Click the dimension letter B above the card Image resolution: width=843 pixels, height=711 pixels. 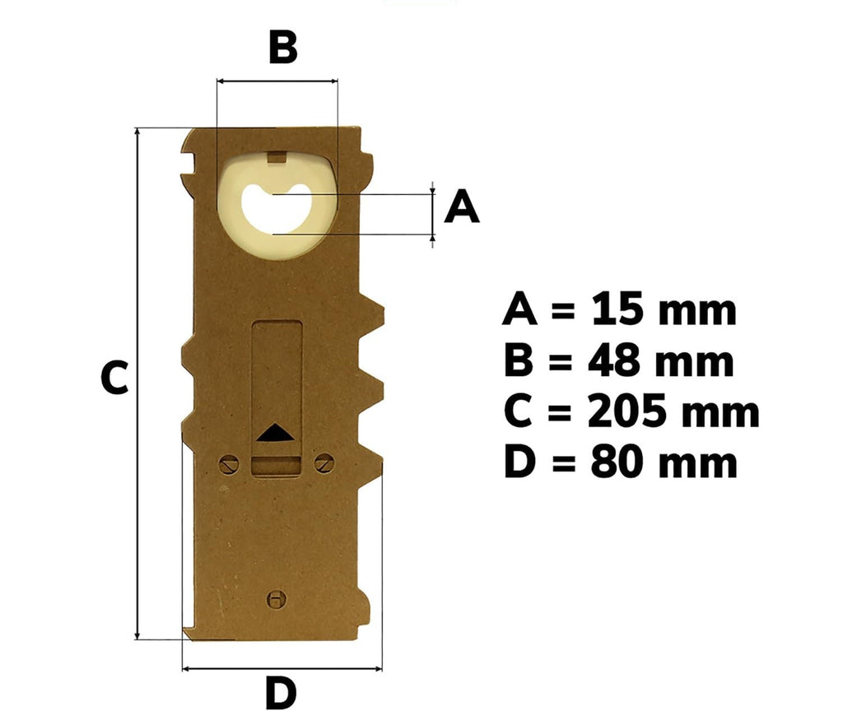coord(283,47)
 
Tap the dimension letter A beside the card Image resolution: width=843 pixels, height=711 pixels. coord(462,207)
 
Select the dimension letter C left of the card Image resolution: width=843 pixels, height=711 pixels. coord(114,378)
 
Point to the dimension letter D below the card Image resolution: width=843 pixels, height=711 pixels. coord(281,693)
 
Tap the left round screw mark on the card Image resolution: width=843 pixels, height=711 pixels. coord(229,464)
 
